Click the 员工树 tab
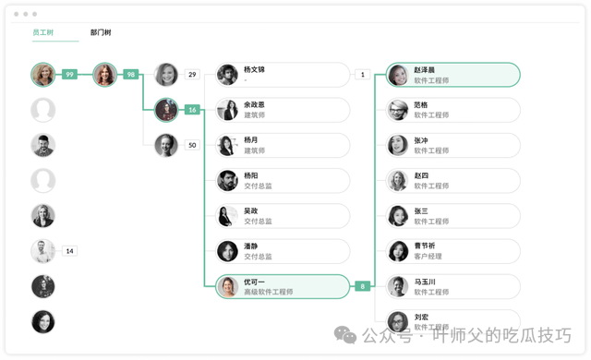43,32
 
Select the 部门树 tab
101,32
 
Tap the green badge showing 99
70,74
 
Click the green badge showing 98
131,74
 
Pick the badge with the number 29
192,74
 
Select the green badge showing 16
192,110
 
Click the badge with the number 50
192,145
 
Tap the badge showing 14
70,251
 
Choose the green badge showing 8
363,286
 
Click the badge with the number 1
363,74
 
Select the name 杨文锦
254,69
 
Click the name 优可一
254,282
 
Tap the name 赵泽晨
425,69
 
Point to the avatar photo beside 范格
398,110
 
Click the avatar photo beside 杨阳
227,181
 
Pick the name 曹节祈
425,246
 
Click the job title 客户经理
428,257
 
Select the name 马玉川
425,282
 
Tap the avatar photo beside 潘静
227,251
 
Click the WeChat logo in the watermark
345,335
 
